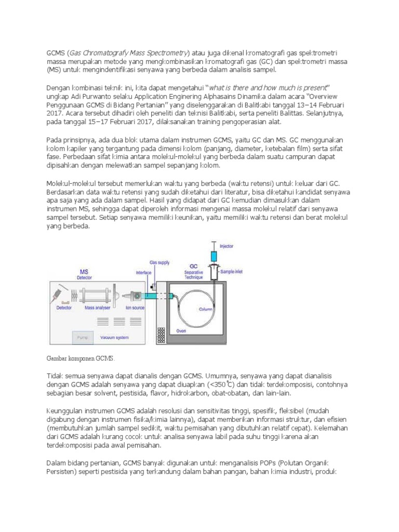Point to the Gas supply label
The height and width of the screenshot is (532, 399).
159,263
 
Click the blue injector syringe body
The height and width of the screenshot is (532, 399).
214,256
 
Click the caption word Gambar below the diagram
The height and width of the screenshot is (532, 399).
57,358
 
